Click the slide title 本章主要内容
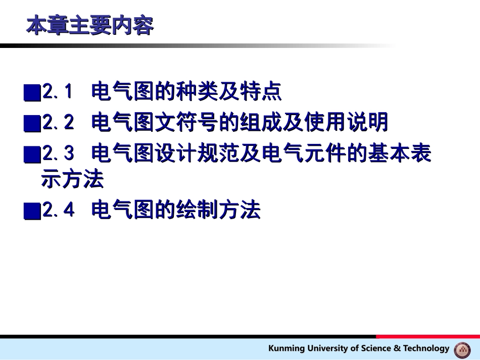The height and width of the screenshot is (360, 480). tap(90, 26)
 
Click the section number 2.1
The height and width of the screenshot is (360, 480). tap(58, 92)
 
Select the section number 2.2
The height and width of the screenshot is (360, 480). tap(58, 122)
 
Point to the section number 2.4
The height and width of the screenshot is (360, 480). tap(58, 210)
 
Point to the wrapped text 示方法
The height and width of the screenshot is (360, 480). tap(72, 179)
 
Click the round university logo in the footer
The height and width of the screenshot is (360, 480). tap(462, 349)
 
